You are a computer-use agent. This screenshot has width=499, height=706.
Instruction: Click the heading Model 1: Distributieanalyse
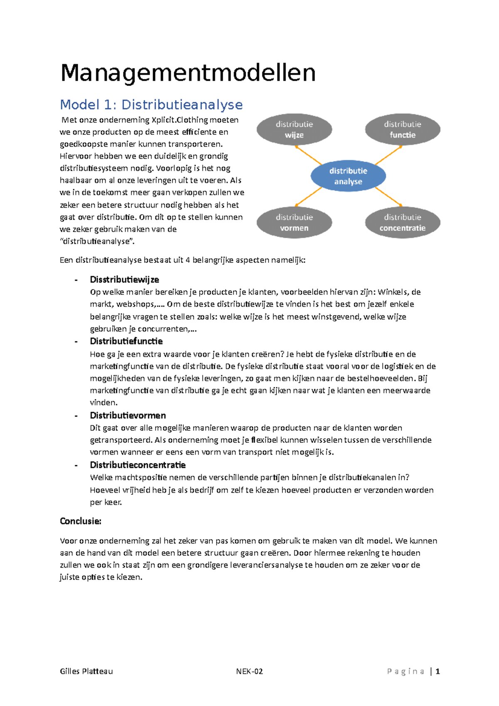click(x=151, y=104)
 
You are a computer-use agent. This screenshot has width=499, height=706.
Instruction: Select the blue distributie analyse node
click(x=348, y=176)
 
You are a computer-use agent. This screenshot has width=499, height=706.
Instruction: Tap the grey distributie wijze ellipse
click(x=294, y=129)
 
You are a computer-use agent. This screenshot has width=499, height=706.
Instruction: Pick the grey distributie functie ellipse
click(x=402, y=129)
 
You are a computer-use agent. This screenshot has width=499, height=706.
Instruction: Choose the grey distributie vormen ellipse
click(x=294, y=222)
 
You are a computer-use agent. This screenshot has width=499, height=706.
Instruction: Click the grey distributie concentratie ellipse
click(x=402, y=222)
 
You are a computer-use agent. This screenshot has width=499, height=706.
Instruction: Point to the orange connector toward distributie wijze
click(x=309, y=155)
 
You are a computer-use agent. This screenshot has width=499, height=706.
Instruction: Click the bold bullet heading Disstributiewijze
click(x=124, y=279)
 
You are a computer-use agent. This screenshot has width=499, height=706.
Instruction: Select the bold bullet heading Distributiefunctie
click(x=126, y=341)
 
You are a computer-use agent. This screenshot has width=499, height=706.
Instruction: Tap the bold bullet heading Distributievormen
click(x=128, y=415)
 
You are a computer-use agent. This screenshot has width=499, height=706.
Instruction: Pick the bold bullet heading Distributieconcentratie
click(x=138, y=465)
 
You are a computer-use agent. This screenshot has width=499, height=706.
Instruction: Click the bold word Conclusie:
click(x=81, y=521)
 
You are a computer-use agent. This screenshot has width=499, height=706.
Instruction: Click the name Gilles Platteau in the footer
click(x=86, y=671)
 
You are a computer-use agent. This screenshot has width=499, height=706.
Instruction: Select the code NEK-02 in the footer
click(x=249, y=671)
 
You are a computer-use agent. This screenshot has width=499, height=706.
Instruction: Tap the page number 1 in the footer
click(x=437, y=671)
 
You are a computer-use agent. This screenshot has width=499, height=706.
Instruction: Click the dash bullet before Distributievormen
click(x=76, y=416)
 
